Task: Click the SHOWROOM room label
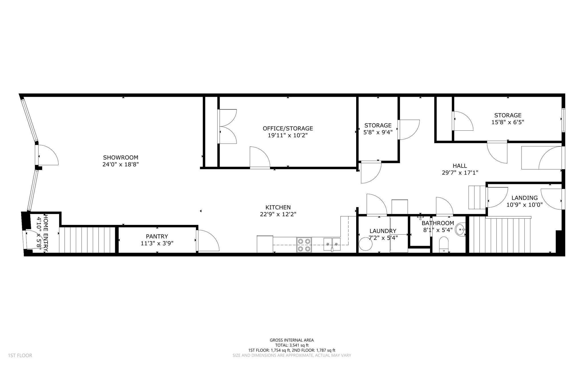120,158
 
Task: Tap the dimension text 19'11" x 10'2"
287,135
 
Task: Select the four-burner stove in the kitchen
304,245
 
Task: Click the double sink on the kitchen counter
332,244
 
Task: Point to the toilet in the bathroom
444,245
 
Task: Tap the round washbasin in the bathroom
460,229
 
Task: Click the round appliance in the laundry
365,244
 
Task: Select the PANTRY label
157,236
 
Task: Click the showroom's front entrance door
47,155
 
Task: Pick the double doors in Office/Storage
228,126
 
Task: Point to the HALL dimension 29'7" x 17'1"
460,173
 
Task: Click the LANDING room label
524,198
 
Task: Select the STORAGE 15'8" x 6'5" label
508,119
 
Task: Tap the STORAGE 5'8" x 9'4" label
378,129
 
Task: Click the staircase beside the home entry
87,240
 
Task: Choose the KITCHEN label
278,207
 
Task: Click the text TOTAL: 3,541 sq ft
292,345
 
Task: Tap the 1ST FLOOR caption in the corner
20,356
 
